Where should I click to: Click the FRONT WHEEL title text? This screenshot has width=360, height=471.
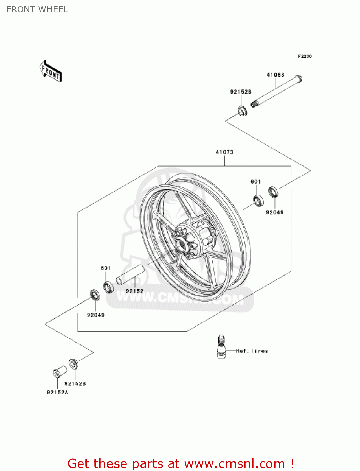[37, 9]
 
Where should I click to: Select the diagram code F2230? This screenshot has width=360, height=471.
[305, 56]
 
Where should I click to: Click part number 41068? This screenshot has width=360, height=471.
[275, 75]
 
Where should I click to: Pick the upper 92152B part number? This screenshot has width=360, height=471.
[241, 92]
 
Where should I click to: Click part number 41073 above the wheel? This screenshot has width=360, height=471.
[224, 152]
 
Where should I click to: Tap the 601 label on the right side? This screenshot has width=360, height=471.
[256, 181]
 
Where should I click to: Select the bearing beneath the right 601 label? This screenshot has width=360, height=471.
[258, 201]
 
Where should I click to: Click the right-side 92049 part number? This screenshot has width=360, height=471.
[275, 212]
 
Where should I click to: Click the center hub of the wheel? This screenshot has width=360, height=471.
[181, 243]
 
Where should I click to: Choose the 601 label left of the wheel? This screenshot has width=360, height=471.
[106, 268]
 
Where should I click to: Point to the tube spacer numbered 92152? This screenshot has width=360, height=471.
[130, 274]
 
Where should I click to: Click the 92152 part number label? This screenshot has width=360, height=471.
[135, 291]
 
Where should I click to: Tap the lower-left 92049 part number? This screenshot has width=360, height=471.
[96, 315]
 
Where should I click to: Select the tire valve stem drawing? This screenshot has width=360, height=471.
[221, 347]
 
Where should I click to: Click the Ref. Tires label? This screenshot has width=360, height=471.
[252, 351]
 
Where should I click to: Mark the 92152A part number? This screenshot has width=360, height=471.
[57, 392]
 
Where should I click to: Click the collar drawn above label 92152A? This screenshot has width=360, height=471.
[60, 372]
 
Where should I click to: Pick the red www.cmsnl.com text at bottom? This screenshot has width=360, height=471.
[234, 463]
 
